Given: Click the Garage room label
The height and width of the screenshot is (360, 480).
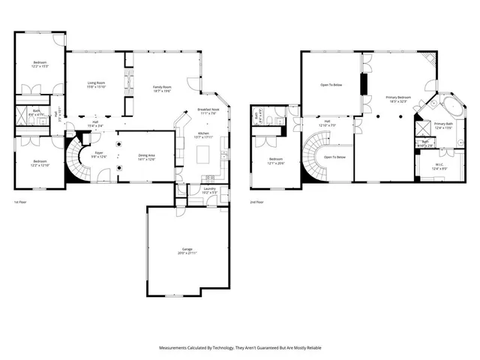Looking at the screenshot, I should pos(187,251).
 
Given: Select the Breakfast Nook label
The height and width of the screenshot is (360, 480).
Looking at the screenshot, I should pos(208,111).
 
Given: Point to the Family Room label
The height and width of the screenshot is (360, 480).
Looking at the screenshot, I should pos(163,87).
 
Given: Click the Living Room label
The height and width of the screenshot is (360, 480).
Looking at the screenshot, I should pos(97,85).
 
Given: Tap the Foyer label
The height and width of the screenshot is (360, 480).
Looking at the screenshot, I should pos(99,154).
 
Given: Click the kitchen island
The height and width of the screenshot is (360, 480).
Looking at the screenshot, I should pos(202,154).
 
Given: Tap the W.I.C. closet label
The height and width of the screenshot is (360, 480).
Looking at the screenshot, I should pos(441,166).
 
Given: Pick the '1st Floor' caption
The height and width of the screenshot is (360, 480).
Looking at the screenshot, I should pos(20,202).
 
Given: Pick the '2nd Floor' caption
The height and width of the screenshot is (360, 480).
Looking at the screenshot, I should pos(257,202).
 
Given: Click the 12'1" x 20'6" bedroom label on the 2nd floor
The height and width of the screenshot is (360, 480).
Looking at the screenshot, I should pos(276,160).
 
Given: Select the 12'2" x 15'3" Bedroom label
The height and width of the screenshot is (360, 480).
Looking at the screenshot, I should pos(40,64).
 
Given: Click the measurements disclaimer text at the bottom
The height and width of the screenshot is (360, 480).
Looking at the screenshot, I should pos(239,348).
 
